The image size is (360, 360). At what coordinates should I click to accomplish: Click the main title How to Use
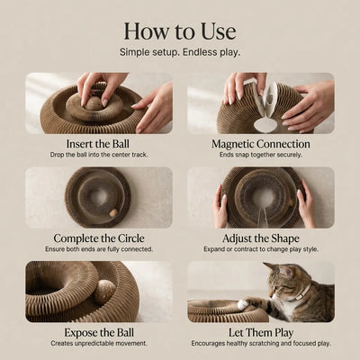click(180, 31)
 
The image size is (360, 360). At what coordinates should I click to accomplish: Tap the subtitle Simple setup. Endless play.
click(180, 53)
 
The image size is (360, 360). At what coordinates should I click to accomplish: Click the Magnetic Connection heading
click(260, 144)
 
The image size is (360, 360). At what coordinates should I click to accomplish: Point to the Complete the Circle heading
click(99, 238)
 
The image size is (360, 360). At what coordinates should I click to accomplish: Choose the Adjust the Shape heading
click(260, 238)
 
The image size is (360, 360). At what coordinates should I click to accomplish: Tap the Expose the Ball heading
click(99, 333)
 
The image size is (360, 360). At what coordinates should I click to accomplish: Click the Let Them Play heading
click(260, 333)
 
